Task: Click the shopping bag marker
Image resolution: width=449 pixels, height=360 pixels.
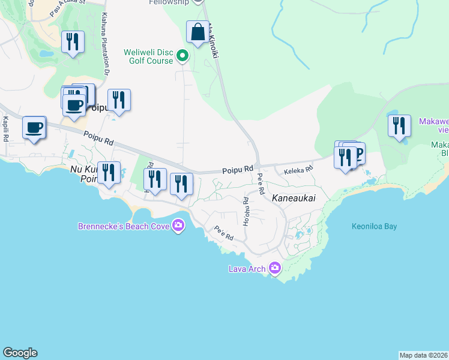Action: pos(197,32)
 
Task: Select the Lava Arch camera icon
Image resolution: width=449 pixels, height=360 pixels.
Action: pos(275,268)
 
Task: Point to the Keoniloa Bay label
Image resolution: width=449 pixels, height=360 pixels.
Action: pos(374,227)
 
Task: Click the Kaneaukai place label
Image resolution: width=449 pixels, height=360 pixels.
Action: pos(294,197)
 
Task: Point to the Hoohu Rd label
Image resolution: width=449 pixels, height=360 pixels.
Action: pos(246,211)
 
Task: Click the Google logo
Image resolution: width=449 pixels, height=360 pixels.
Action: pos(20,353)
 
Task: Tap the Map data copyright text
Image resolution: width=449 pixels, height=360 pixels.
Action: pos(423,355)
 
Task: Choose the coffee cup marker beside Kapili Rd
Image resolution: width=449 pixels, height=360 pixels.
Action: pos(35,128)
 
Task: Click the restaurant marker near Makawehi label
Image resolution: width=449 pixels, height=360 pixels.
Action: pos(399,127)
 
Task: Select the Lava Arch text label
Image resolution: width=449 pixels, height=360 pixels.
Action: pos(247,269)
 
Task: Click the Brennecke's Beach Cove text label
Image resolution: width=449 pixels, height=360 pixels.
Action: pos(124,226)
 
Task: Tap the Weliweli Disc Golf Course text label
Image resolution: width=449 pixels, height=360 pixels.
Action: pos(149,56)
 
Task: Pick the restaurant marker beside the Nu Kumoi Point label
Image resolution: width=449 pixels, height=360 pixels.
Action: pos(109,173)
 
